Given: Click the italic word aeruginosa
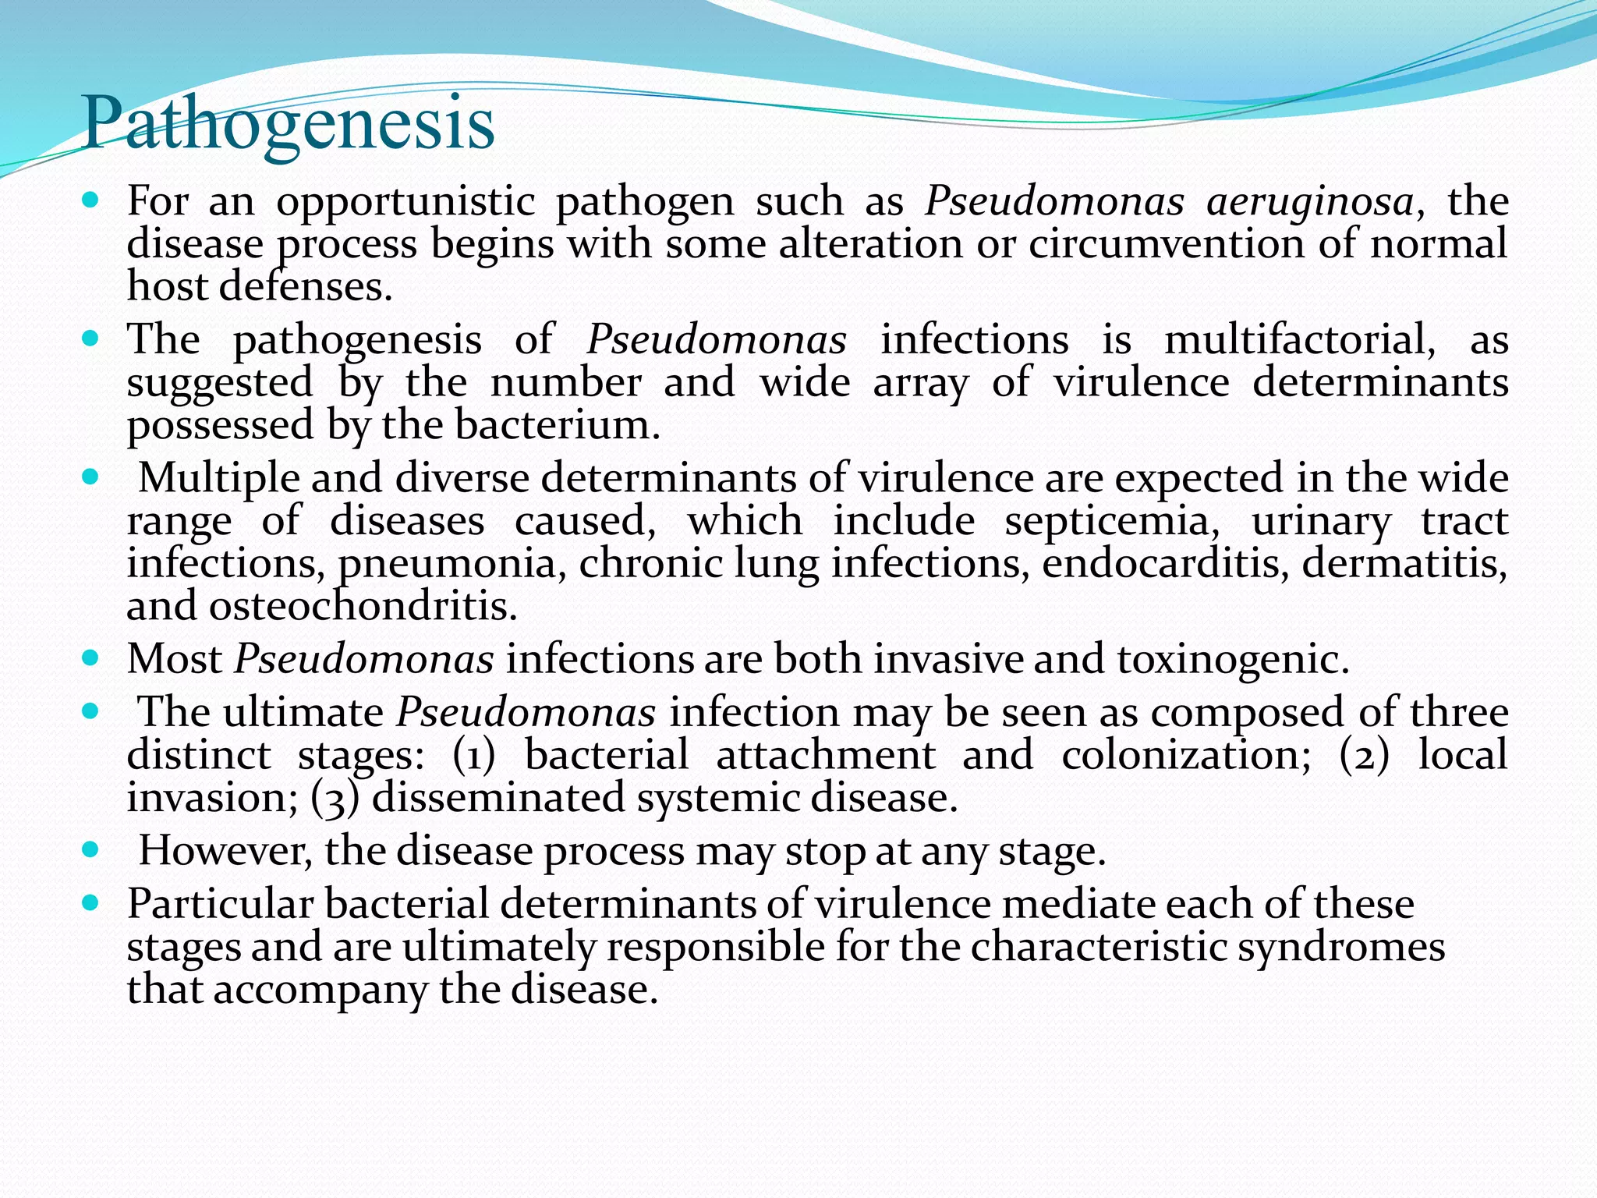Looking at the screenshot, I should tap(1309, 202).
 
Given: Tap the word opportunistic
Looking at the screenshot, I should tap(405, 202).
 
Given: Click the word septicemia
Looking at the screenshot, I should tap(1112, 521).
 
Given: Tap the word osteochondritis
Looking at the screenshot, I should tap(363, 606).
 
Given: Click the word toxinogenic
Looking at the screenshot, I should tap(1233, 659).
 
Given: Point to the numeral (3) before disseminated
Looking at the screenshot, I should tap(335, 798).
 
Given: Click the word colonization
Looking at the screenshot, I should tap(1186, 755).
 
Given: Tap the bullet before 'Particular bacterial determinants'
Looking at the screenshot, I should tap(90, 903).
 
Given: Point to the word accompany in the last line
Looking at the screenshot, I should tap(320, 990).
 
